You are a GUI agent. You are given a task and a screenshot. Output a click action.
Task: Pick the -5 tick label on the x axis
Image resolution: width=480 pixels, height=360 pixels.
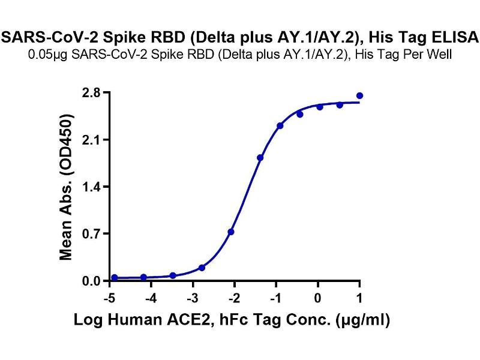109,298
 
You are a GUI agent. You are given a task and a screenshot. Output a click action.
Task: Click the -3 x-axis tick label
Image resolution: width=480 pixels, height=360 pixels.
193,298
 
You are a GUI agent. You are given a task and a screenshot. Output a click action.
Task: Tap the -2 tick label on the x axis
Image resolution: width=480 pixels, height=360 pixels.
235,298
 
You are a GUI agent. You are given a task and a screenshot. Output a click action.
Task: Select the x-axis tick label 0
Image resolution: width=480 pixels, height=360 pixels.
318,298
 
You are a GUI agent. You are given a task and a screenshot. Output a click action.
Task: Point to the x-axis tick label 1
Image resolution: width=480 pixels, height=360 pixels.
359,298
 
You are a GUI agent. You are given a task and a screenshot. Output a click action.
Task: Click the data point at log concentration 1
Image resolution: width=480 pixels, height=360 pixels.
359,95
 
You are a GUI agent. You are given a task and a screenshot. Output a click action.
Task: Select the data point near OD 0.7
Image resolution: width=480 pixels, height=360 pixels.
231,232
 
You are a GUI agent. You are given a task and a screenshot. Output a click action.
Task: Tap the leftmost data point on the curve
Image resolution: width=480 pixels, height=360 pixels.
115,278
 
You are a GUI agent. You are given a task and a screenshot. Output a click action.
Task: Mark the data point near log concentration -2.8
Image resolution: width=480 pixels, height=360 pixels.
202,268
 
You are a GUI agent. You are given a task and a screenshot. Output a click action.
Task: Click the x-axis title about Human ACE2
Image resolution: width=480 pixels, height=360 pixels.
232,320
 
